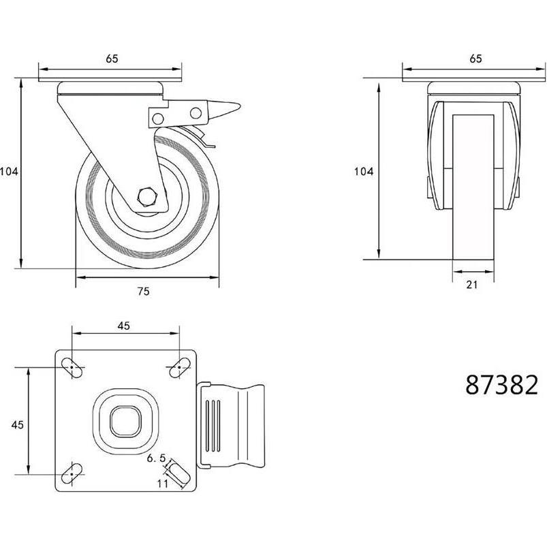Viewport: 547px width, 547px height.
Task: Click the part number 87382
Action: pyautogui.click(x=501, y=385)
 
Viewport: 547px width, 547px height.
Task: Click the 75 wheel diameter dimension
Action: pyautogui.click(x=143, y=291)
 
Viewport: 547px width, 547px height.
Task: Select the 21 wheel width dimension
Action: pyautogui.click(x=471, y=285)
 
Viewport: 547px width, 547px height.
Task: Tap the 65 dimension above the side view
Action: pyautogui.click(x=112, y=59)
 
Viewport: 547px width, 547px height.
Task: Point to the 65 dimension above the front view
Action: pyautogui.click(x=475, y=59)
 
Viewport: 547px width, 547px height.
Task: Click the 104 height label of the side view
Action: pyautogui.click(x=9, y=172)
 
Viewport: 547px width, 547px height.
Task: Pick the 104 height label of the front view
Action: pyautogui.click(x=363, y=172)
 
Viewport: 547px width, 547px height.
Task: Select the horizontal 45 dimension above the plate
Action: pyautogui.click(x=123, y=326)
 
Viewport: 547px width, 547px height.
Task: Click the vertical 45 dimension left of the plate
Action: pyautogui.click(x=18, y=424)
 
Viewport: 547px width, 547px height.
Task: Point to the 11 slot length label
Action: pyautogui.click(x=162, y=483)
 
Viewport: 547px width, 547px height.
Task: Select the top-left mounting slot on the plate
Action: pyautogui.click(x=73, y=367)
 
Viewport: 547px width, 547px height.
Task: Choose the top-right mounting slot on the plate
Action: pyautogui.click(x=178, y=367)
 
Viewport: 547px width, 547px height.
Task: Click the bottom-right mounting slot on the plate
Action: pyautogui.click(x=178, y=473)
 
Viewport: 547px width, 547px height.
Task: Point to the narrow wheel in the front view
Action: pyautogui.click(x=472, y=184)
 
